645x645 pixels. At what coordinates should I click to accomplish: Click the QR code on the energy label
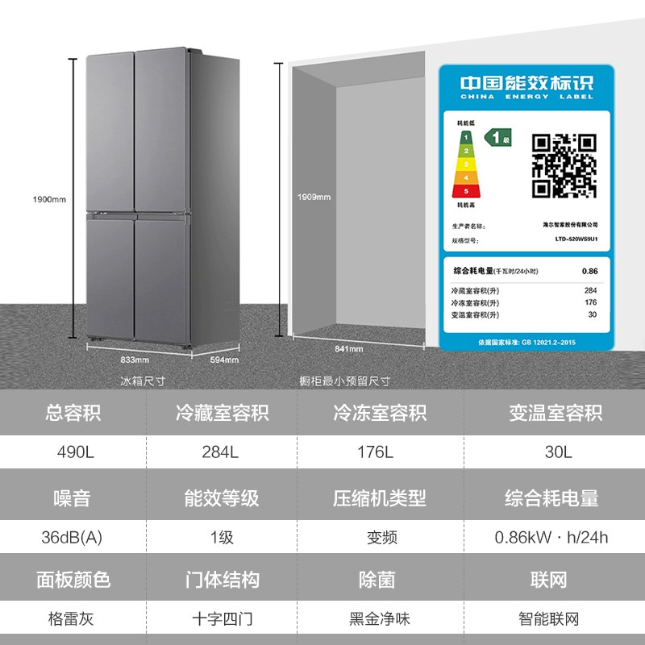tap(565, 164)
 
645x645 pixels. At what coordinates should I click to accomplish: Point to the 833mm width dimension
tap(135, 360)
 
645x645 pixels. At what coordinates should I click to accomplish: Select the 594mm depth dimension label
tap(223, 360)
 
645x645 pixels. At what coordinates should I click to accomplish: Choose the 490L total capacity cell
tap(73, 452)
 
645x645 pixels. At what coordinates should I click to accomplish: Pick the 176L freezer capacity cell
tap(375, 452)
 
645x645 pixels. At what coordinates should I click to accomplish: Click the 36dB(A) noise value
tap(73, 537)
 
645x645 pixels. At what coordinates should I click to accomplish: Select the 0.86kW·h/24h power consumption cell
tap(552, 537)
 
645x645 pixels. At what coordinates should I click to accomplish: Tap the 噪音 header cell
tap(73, 498)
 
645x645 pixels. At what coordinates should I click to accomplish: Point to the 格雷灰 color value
tap(73, 619)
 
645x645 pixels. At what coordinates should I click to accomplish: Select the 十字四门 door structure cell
tap(223, 619)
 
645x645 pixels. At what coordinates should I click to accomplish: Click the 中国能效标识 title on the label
tap(526, 83)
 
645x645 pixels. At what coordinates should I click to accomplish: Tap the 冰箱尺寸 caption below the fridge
tap(142, 381)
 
